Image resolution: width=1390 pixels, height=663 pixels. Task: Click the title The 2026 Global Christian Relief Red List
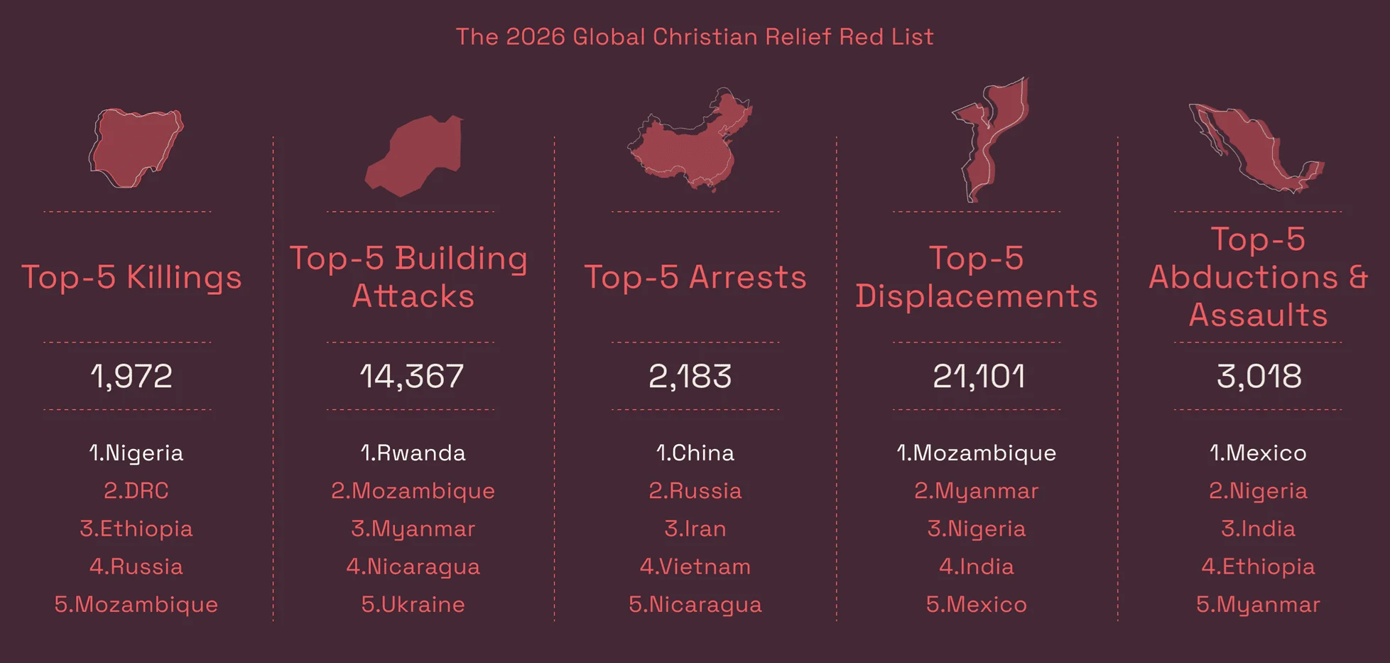[694, 37]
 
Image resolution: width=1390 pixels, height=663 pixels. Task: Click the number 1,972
[131, 376]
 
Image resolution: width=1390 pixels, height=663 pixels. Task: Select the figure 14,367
[411, 376]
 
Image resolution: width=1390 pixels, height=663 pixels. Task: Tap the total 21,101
[978, 376]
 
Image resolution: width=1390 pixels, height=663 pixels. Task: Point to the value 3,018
[1259, 376]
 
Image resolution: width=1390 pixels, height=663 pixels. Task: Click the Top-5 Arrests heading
[695, 277]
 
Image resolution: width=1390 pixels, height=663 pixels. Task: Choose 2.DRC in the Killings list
[136, 491]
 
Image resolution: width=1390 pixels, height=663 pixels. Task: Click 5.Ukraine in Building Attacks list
[413, 605]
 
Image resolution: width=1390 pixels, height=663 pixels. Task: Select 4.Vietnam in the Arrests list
[695, 567]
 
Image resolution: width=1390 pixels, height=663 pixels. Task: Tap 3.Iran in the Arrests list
[695, 529]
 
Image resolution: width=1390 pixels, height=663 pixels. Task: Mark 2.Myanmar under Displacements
[976, 491]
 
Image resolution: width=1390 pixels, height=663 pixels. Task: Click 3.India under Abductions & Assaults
[1258, 529]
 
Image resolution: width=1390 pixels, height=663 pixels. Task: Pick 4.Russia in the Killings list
[136, 567]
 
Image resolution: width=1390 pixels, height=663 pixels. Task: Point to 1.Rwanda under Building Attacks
[413, 453]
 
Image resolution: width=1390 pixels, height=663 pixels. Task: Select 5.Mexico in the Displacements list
[976, 605]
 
